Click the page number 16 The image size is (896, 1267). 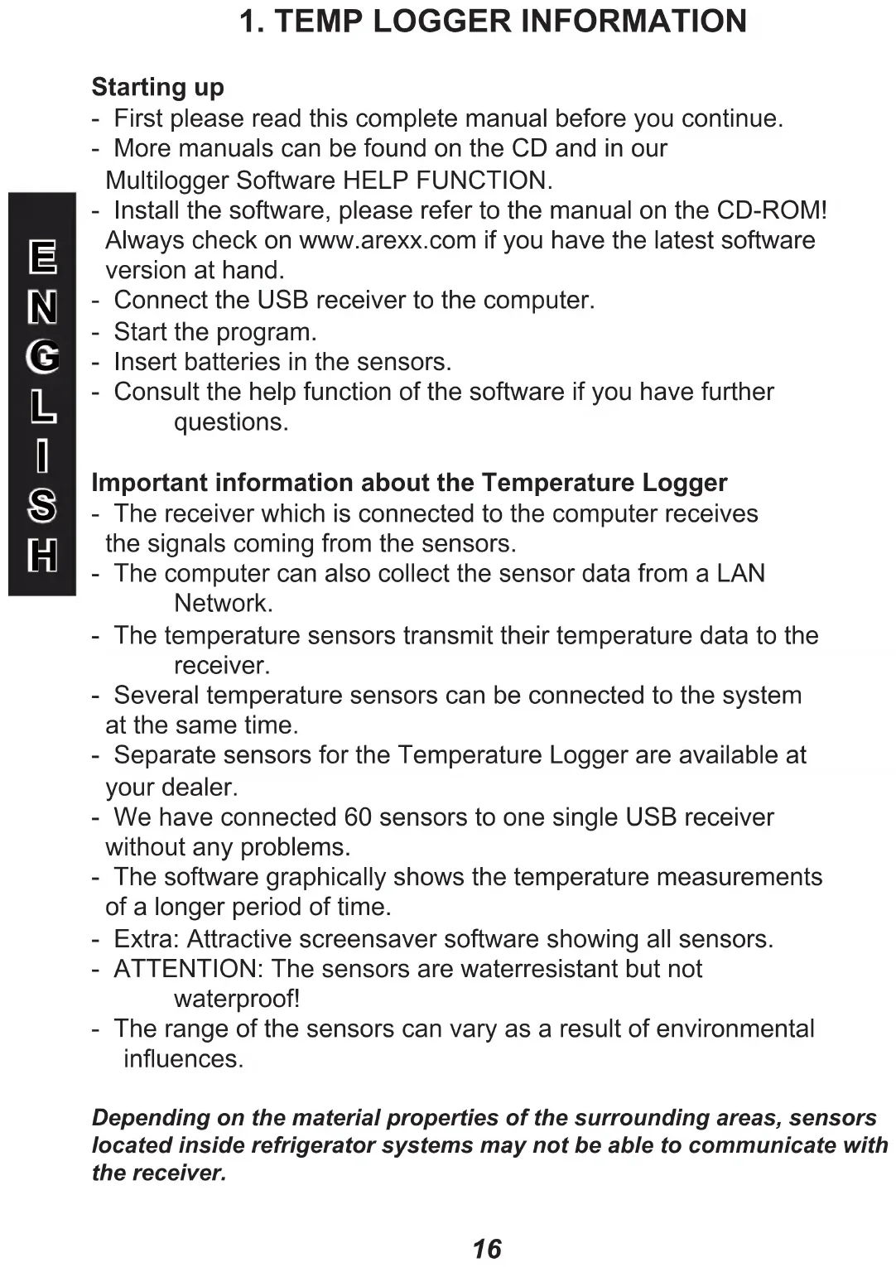point(487,1248)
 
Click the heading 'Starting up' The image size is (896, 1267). point(157,87)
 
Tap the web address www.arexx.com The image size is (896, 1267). point(387,240)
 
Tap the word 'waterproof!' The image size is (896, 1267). point(237,999)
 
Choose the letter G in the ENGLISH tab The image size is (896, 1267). point(42,357)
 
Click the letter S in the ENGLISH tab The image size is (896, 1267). point(42,505)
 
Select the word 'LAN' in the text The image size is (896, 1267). point(740,573)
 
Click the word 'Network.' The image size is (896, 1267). point(223,603)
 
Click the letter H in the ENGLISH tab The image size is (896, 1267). point(42,555)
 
